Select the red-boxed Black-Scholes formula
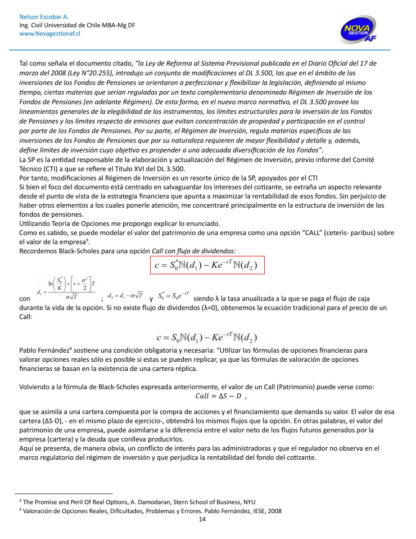[x=207, y=264]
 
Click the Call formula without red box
[x=207, y=338]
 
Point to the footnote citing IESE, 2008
[x=150, y=510]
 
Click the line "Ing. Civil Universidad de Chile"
[x=77, y=25]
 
